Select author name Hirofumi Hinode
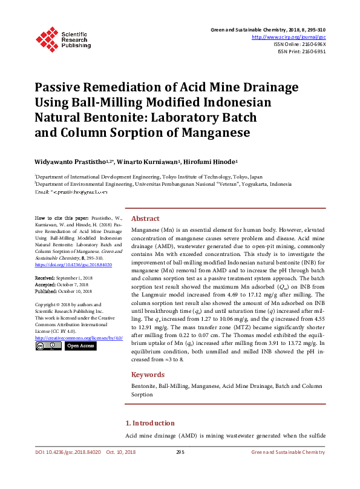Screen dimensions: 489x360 click(x=214, y=162)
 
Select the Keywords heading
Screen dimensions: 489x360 click(x=148, y=375)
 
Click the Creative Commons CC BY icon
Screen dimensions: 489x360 click(x=48, y=346)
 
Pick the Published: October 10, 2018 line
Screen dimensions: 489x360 click(x=62, y=290)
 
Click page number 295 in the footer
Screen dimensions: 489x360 click(x=180, y=452)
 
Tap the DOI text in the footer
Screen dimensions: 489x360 click(x=67, y=452)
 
